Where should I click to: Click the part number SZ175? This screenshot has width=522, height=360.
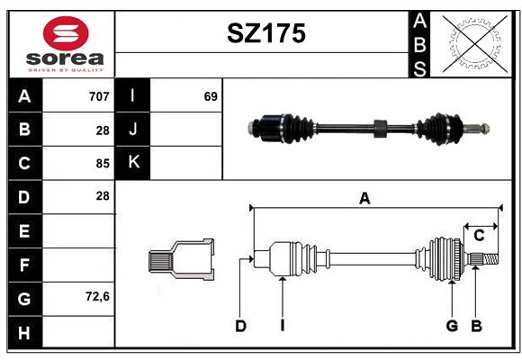(266, 33)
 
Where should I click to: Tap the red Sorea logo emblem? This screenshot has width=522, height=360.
(66, 33)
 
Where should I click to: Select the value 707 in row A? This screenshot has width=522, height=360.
(99, 96)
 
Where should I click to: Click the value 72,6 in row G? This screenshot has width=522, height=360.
(97, 296)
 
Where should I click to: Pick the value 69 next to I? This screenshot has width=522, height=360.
(211, 96)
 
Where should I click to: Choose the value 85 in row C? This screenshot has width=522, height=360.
(103, 164)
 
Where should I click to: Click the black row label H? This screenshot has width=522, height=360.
(25, 332)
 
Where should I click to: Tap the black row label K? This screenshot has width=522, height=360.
(133, 163)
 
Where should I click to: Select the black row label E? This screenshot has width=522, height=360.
(25, 230)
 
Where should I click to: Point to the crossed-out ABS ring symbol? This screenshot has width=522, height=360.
(475, 44)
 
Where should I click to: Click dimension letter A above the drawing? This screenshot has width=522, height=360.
(364, 199)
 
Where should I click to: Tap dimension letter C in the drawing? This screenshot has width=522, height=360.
(479, 236)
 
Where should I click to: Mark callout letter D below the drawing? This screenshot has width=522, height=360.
(240, 326)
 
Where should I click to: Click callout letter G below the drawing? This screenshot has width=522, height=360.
(452, 326)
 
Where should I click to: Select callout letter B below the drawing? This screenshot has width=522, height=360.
(476, 326)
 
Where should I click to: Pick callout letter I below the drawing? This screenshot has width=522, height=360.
(283, 326)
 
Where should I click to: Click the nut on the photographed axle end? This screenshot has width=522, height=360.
(485, 128)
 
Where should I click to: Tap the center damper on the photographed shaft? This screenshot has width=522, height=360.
(380, 128)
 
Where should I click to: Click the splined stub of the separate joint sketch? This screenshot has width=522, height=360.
(160, 261)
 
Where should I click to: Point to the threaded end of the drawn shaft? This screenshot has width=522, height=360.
(490, 259)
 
